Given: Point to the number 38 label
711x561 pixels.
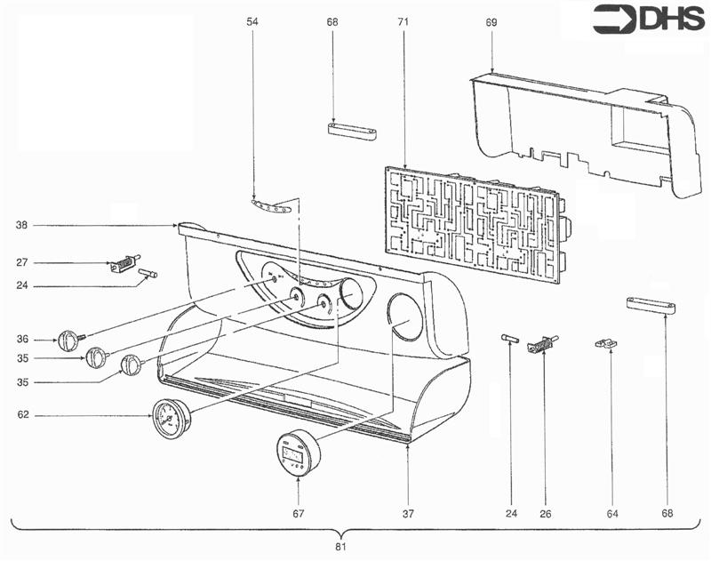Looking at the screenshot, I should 21,226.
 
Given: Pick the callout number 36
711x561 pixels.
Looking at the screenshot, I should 21,339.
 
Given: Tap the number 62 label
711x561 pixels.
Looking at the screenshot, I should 21,414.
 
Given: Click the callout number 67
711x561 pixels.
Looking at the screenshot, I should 299,513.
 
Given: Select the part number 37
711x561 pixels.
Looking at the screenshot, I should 406,513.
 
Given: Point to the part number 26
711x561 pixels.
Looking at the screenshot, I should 545,513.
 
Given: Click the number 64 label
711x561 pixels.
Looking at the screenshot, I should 611,513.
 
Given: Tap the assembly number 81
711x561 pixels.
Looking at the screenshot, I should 340,546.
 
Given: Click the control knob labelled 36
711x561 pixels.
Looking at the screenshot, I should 69,340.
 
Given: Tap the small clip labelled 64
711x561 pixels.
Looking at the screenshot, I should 606,342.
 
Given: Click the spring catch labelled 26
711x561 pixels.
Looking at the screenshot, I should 540,344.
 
